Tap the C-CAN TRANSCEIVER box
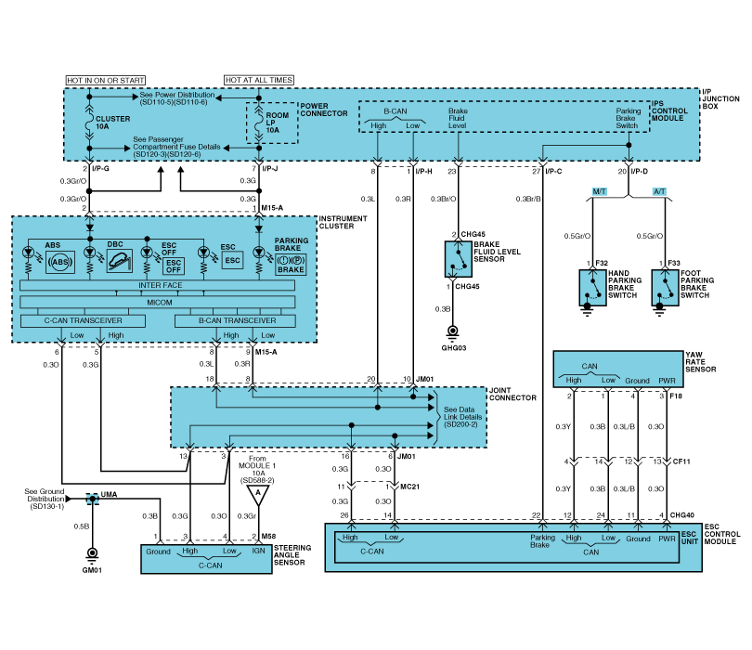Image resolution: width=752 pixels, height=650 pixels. click(x=84, y=321)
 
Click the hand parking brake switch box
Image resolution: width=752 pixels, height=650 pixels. click(x=589, y=287)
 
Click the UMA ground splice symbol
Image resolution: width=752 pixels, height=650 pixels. click(x=93, y=499)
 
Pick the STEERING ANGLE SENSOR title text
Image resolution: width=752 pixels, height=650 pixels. click(x=292, y=555)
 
